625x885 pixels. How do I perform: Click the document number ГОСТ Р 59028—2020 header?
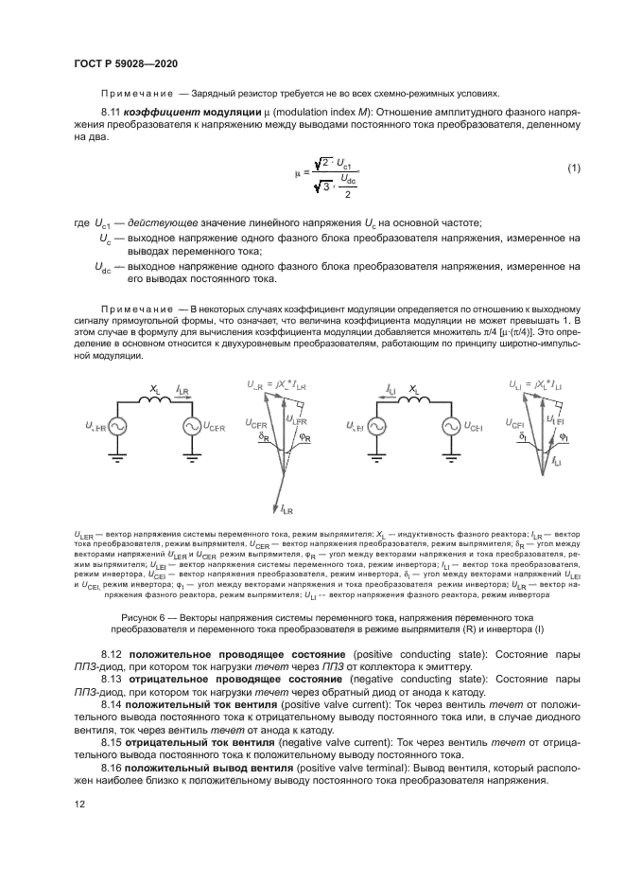click(127, 63)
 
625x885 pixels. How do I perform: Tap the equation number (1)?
click(573, 168)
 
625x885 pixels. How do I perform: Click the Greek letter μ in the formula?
click(296, 172)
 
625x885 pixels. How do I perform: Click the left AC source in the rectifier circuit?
click(118, 428)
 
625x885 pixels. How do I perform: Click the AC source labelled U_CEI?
click(451, 428)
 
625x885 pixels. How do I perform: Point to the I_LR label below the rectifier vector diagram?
click(286, 511)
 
